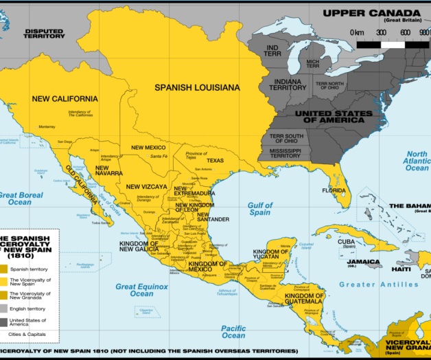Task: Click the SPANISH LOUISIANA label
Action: tap(197, 87)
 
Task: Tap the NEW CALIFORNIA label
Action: tap(65, 98)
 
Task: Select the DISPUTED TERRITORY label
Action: tap(44, 34)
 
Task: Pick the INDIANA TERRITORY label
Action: tap(288, 85)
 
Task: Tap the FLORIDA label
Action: tap(334, 190)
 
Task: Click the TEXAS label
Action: tap(215, 161)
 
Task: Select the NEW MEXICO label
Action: tap(148, 148)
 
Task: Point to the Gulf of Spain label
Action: tap(260, 209)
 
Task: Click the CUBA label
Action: tap(346, 241)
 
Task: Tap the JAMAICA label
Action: tap(363, 262)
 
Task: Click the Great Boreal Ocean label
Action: tap(21, 199)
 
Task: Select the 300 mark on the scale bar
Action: tap(381, 32)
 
